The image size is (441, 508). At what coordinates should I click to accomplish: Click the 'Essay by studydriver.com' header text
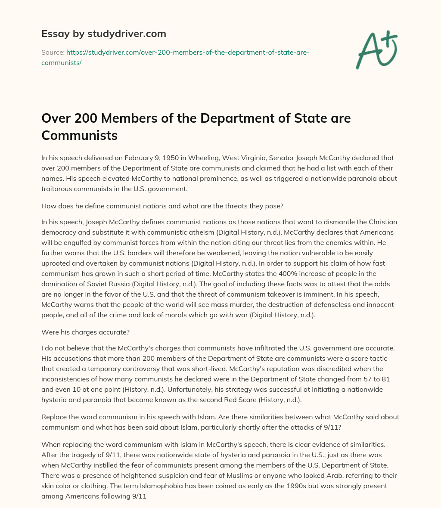click(103, 34)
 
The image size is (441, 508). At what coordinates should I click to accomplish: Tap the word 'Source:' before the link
click(52, 52)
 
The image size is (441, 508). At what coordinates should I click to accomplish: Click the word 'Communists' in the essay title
click(79, 135)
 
